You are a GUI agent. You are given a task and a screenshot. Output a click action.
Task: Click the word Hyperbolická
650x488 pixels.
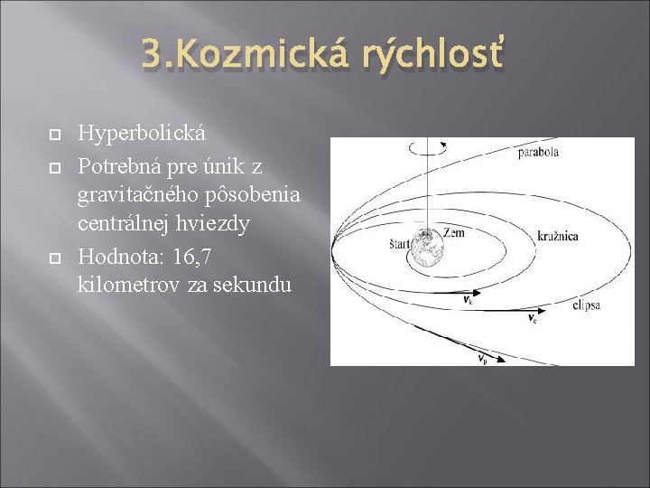click(x=142, y=134)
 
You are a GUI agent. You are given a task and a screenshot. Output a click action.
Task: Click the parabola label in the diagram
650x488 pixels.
click(x=538, y=153)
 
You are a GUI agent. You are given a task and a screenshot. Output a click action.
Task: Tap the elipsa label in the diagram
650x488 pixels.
click(x=586, y=306)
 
